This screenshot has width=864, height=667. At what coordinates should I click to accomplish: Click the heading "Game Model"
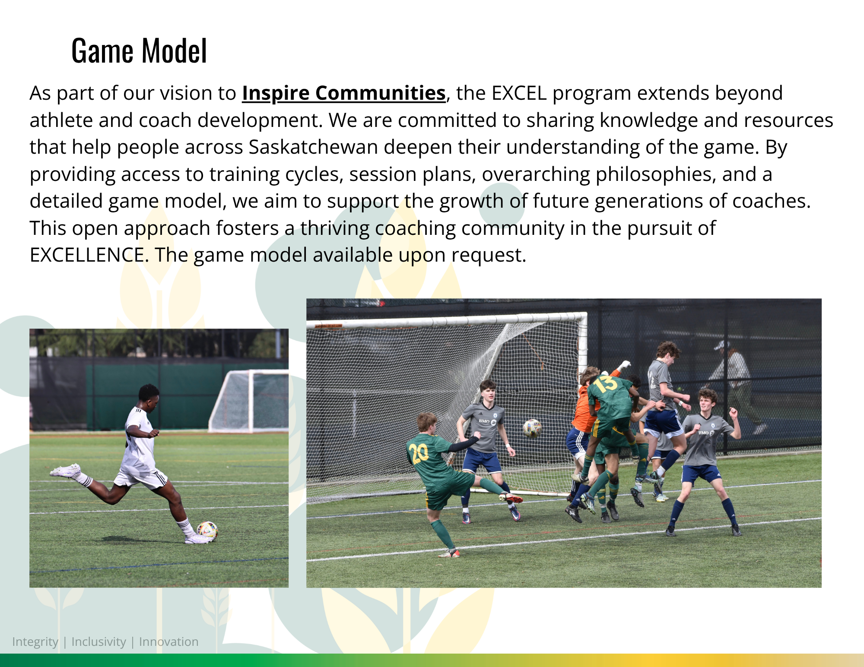pyautogui.click(x=139, y=51)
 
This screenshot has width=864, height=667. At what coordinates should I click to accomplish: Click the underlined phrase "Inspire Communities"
pyautogui.click(x=343, y=93)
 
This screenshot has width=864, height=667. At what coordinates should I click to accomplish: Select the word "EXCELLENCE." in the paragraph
pyautogui.click(x=89, y=255)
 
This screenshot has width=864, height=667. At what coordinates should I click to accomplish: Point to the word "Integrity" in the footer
pyautogui.click(x=35, y=642)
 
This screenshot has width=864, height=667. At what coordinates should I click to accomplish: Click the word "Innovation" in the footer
pyautogui.click(x=168, y=642)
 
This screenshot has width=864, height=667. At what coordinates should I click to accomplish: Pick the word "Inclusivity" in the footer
pyautogui.click(x=98, y=642)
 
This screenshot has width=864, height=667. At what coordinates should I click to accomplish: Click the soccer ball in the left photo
pyautogui.click(x=207, y=531)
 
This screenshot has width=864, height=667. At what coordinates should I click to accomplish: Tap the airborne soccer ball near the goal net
pyautogui.click(x=532, y=428)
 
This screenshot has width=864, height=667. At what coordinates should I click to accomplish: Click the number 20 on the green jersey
pyautogui.click(x=419, y=453)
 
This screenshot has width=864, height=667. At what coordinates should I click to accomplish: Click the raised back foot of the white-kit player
pyautogui.click(x=66, y=471)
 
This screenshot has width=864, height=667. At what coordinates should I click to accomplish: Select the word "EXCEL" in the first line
pyautogui.click(x=519, y=93)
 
